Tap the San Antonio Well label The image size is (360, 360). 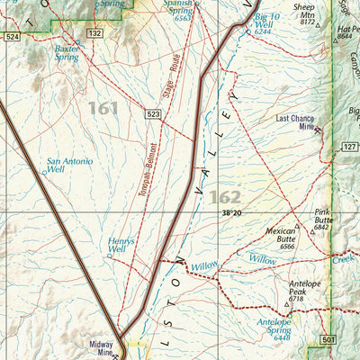click(68, 166)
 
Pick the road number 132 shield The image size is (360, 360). click(94, 32)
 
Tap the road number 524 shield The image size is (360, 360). click(11, 37)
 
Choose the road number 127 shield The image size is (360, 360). click(349, 146)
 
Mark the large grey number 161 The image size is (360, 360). click(103, 108)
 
